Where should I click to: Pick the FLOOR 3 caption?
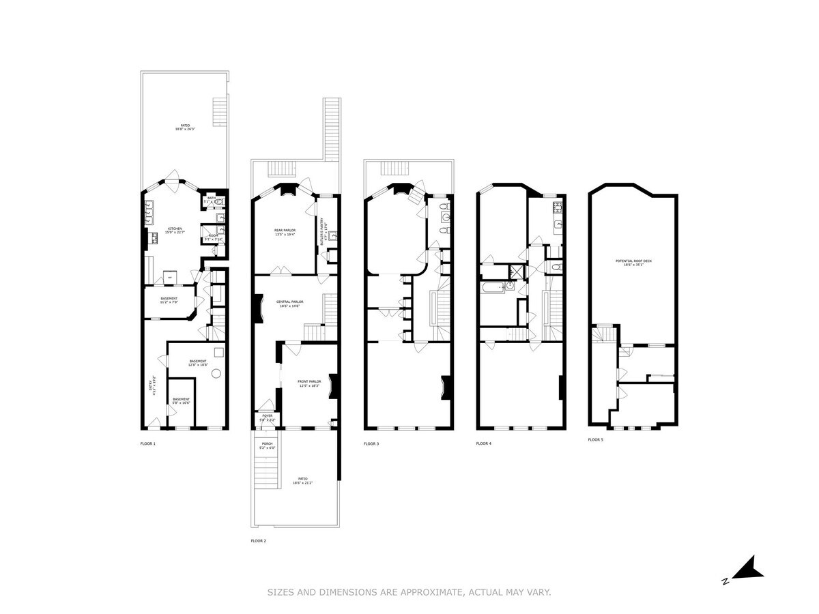point(371,444)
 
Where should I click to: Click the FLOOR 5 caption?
point(596,440)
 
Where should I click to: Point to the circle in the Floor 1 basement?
point(216,373)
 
